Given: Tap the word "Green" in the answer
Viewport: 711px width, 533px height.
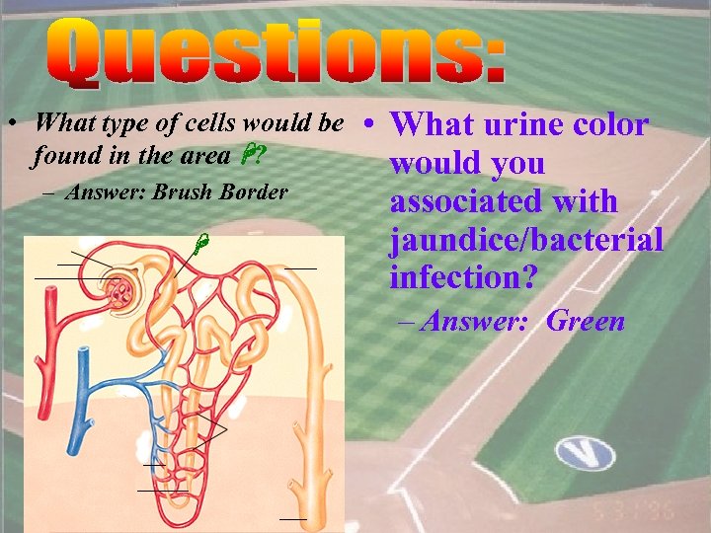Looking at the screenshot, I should coord(586,321).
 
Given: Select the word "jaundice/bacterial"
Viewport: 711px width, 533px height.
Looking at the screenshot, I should coord(526,240).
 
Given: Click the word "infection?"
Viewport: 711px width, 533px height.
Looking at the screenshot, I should coord(463,277).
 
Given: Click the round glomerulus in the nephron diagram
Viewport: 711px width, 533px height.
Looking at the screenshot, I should coord(124,289).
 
